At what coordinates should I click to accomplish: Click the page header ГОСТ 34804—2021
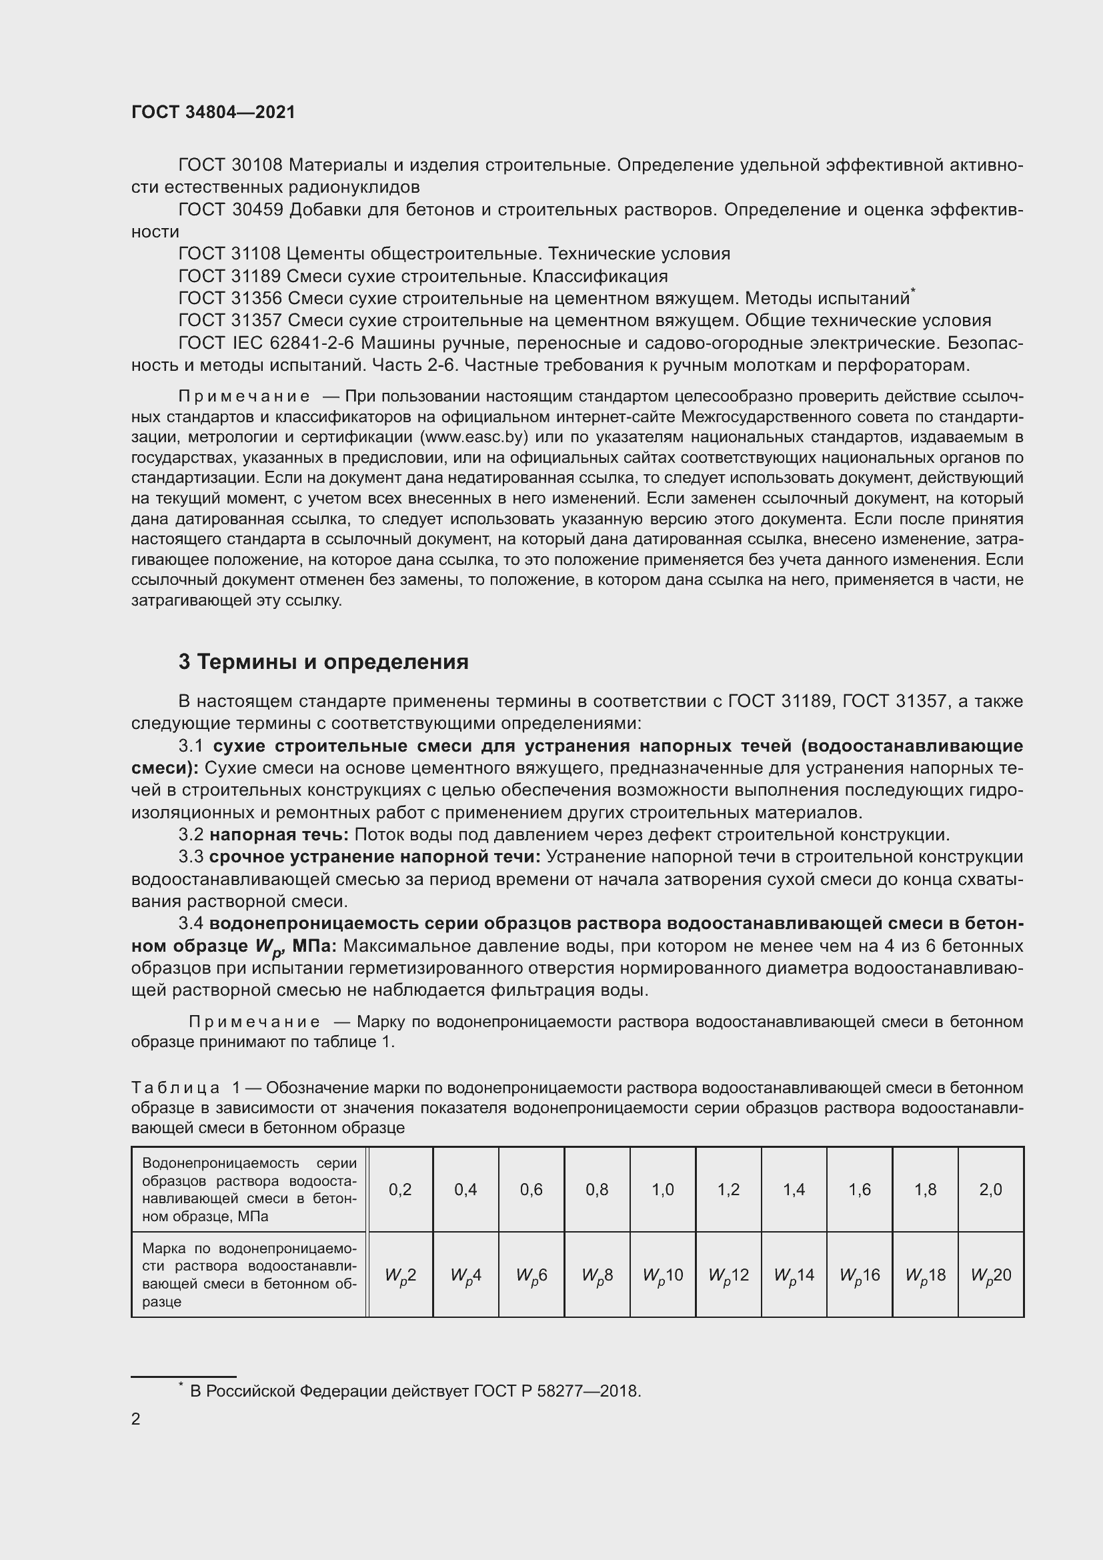(x=213, y=113)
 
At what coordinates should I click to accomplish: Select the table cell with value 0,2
(x=400, y=1189)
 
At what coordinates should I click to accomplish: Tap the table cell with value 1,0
(x=662, y=1189)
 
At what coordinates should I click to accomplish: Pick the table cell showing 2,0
(x=990, y=1189)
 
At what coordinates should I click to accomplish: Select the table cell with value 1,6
(x=859, y=1189)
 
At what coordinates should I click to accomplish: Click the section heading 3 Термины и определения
(x=323, y=662)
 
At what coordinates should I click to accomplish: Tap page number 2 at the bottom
(x=136, y=1419)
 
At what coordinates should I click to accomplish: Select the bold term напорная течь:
(x=279, y=835)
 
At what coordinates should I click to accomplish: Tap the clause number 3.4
(x=191, y=924)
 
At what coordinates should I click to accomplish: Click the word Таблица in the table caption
(x=175, y=1088)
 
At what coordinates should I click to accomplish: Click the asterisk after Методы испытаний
(x=914, y=291)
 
